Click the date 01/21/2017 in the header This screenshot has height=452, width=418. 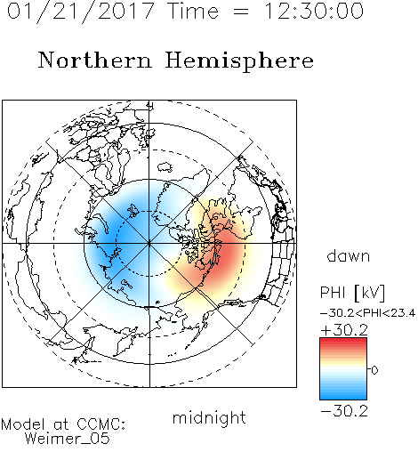point(81,12)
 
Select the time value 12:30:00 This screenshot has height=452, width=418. point(314,11)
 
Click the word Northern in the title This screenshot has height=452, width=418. point(95,60)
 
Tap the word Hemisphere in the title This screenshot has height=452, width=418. point(239,61)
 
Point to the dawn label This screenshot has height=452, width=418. point(349,255)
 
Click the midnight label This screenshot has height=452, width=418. point(209,417)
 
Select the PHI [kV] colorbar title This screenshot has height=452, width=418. point(352,293)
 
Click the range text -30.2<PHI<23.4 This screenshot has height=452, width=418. point(367,313)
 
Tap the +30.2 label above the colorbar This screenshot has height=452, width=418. point(344,330)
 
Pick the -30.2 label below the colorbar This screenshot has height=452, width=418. point(344,411)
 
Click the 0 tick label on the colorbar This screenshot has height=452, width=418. point(374,370)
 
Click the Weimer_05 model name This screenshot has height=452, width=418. point(68,439)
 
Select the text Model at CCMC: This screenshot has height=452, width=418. point(63,424)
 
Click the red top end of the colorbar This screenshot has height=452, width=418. point(343,340)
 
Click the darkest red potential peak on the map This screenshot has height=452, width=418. point(226,252)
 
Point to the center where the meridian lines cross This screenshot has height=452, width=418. point(149,243)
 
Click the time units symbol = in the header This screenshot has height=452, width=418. point(241,12)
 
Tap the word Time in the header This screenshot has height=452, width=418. point(193,11)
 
